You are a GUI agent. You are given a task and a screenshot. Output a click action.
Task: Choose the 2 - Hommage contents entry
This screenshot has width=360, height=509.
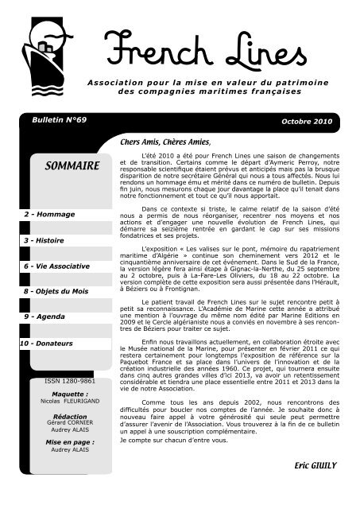click(48, 215)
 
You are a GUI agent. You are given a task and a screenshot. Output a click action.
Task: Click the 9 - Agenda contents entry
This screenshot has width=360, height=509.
click(45, 317)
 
